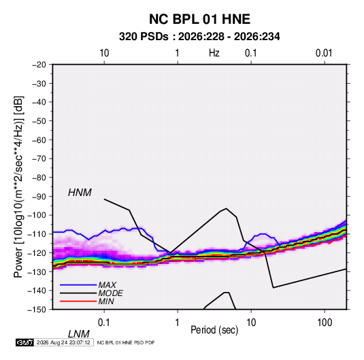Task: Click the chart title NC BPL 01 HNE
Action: pos(199,19)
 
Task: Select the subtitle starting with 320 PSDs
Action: pos(199,37)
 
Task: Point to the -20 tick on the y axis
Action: pos(39,65)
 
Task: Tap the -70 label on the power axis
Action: pos(39,159)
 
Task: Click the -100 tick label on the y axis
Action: pos(37,215)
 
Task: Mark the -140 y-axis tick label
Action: pos(37,291)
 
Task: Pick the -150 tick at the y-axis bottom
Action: pos(37,310)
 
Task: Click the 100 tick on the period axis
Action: pos(325,323)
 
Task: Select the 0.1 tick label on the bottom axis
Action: pos(103,323)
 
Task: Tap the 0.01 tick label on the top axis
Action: pos(324,53)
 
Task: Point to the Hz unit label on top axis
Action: pos(214,53)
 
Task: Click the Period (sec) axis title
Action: pos(214,330)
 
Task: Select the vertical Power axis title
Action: pos(19,186)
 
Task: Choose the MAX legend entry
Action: pos(107,285)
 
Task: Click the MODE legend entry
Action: pos(110,293)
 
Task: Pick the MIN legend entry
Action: pos(106,301)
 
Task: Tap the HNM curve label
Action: pos(80,193)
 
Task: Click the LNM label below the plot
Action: pos(79,334)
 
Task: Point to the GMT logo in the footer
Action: pos(24,342)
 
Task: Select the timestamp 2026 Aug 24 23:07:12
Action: pos(63,342)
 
